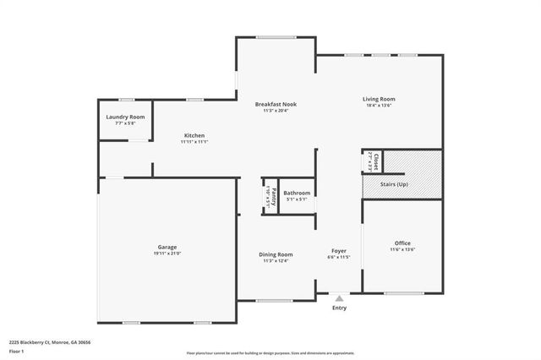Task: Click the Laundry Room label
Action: point(125,117)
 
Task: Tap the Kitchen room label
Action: point(194,135)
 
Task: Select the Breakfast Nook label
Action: point(276,104)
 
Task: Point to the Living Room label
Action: point(379,99)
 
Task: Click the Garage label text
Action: point(167,247)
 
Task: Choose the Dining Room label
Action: point(276,254)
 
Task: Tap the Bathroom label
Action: point(296,193)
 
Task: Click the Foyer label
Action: point(338,250)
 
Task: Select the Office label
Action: point(402,243)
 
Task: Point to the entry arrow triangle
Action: point(339,298)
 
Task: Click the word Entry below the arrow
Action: point(339,308)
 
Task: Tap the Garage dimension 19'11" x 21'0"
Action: point(167,254)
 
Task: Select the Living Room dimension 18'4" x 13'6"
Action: point(379,106)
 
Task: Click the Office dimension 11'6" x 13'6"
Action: point(402,249)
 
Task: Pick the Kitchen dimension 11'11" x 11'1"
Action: point(194,142)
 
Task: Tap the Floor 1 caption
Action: point(17,351)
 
